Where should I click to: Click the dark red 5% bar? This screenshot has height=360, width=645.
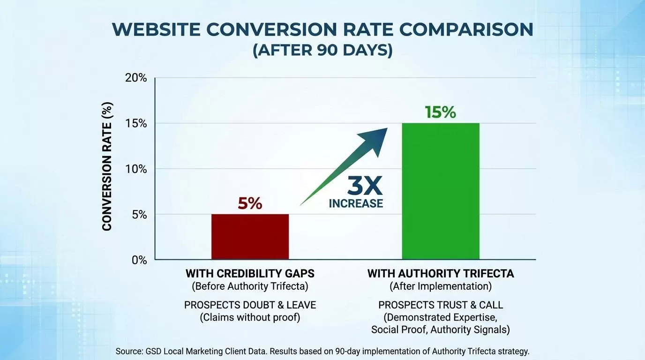point(250,236)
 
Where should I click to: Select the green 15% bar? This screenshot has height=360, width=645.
point(440,191)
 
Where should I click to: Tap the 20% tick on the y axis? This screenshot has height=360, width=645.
point(136,78)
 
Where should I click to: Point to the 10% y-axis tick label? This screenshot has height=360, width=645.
point(136,169)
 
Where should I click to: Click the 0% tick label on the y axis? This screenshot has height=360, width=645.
point(138,260)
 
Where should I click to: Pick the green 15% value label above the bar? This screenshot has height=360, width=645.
point(440,112)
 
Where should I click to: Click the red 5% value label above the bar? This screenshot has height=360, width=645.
point(250,204)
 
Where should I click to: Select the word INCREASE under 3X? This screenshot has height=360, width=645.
point(356,203)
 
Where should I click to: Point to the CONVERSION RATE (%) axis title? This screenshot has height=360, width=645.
point(107,166)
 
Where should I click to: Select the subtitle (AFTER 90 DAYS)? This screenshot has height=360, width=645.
point(322,50)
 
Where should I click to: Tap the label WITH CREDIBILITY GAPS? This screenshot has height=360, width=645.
point(250,273)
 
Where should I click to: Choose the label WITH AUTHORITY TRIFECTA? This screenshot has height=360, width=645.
point(440,273)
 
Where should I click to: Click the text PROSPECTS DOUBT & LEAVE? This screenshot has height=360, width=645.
point(250,305)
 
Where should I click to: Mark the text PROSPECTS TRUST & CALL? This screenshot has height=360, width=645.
point(440,305)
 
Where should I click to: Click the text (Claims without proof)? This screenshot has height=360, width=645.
point(250,317)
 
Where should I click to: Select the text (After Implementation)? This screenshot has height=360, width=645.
point(440,285)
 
